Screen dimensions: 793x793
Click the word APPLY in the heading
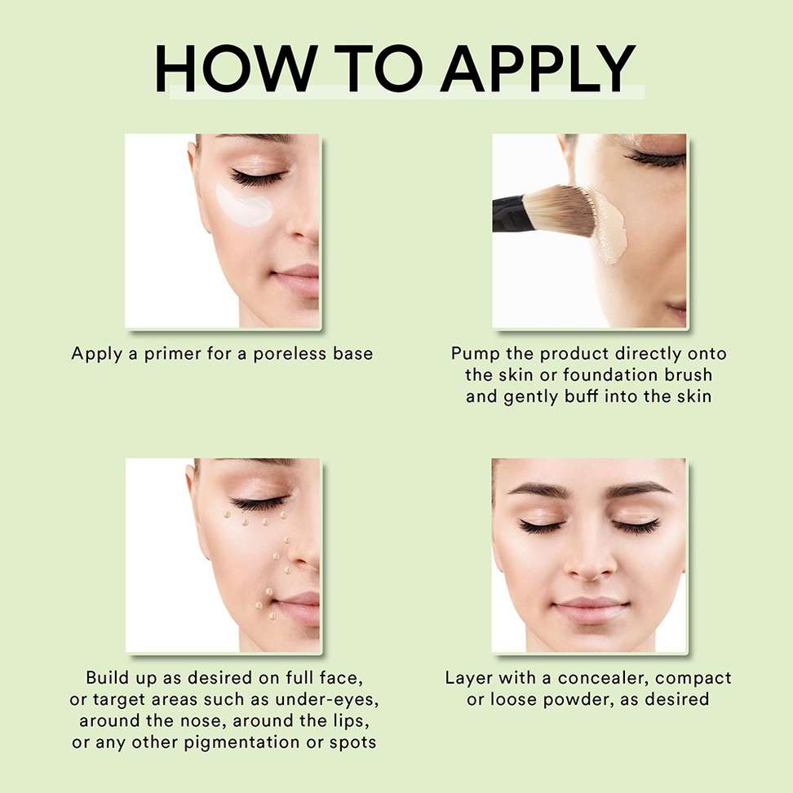[x=538, y=69]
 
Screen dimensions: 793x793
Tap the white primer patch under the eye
[x=244, y=205]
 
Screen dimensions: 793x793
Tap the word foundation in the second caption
[x=607, y=375]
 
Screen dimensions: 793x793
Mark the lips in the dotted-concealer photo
[x=299, y=609]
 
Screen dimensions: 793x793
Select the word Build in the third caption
[x=107, y=678]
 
